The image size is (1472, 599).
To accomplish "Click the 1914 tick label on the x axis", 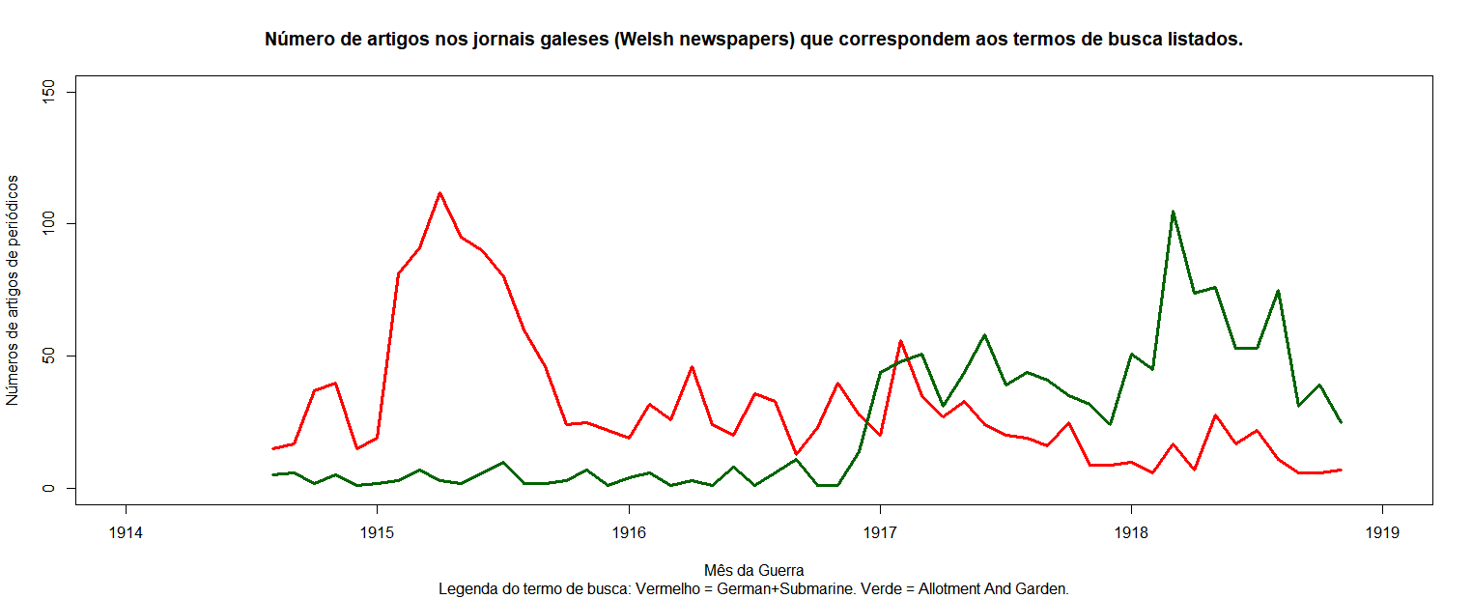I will [x=125, y=531].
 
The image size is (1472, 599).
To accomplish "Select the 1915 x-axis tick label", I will [x=377, y=531].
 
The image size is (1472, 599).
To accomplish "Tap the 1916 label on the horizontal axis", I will [x=629, y=531].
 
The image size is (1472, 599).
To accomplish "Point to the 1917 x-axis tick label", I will [x=880, y=531].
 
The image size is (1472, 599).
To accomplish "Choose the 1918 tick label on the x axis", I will [x=1131, y=531].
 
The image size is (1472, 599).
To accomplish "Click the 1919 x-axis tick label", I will [x=1383, y=531].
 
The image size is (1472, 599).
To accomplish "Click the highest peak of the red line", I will [x=439, y=193].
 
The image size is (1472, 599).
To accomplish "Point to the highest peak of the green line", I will [x=1173, y=212].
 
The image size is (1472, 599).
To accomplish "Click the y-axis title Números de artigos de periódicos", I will [x=13, y=290].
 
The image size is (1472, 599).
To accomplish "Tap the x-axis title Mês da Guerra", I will [x=754, y=570].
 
